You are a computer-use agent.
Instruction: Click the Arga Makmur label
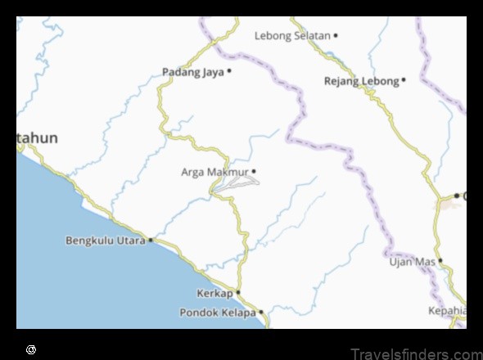pyautogui.click(x=214, y=172)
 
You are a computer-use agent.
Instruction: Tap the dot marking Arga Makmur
pyautogui.click(x=254, y=171)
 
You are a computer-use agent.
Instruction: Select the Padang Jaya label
pyautogui.click(x=193, y=72)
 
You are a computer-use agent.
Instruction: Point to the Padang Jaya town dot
pyautogui.click(x=229, y=71)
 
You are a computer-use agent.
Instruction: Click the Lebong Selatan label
pyautogui.click(x=292, y=36)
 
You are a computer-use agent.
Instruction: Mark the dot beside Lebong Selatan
pyautogui.click(x=336, y=36)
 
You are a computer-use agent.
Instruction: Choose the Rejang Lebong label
pyautogui.click(x=361, y=81)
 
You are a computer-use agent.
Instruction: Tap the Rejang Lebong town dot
pyautogui.click(x=404, y=80)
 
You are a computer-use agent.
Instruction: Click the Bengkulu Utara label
pyautogui.click(x=105, y=241)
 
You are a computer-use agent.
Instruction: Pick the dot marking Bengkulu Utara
pyautogui.click(x=151, y=241)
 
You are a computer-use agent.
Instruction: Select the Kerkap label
pyautogui.click(x=214, y=293)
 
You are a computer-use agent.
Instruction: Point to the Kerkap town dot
pyautogui.click(x=238, y=292)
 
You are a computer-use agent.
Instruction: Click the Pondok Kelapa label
pyautogui.click(x=217, y=313)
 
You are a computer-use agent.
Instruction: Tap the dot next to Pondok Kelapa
pyautogui.click(x=260, y=312)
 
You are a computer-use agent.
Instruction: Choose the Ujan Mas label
pyautogui.click(x=412, y=262)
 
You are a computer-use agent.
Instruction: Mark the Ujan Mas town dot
pyautogui.click(x=440, y=261)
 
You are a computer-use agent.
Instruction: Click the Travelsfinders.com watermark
pyautogui.click(x=417, y=353)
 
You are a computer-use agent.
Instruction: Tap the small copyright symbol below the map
pyautogui.click(x=31, y=349)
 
